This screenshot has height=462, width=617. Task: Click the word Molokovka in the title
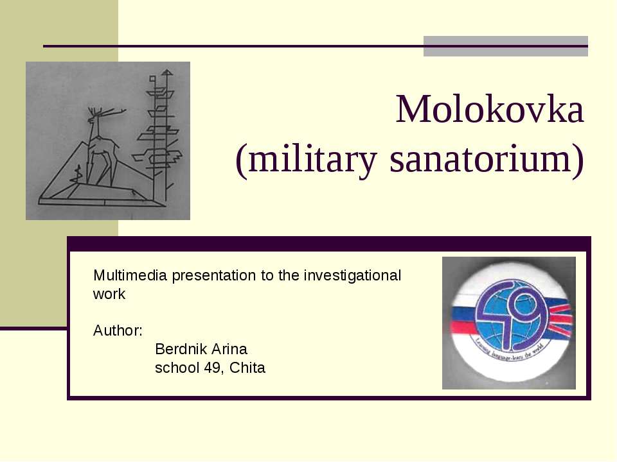click(x=490, y=110)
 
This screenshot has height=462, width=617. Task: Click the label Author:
click(x=118, y=331)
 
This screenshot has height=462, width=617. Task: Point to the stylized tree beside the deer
click(x=158, y=128)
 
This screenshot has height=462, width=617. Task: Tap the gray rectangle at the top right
click(x=505, y=46)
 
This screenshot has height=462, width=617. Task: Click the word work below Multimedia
click(x=109, y=295)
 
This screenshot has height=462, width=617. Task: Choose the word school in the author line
click(x=175, y=368)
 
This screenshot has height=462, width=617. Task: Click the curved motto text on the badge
click(x=508, y=359)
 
